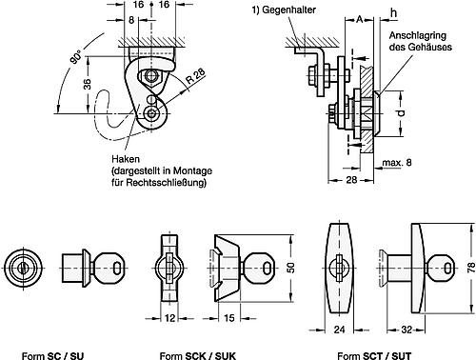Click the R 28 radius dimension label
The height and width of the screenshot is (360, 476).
coord(195,76)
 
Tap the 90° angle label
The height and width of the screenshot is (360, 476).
coord(76,57)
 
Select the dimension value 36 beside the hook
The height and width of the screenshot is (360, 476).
coord(88,84)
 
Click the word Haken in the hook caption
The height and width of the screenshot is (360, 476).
coord(126,159)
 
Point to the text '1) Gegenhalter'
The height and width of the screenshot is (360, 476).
coord(284,10)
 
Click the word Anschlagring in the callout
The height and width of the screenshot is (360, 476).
coord(418,35)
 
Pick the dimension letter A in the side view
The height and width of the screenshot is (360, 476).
coord(359,20)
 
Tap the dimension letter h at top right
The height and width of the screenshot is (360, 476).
coord(393,13)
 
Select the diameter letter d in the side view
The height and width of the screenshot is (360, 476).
coord(401,112)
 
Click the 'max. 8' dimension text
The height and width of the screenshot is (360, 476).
coord(397,163)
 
